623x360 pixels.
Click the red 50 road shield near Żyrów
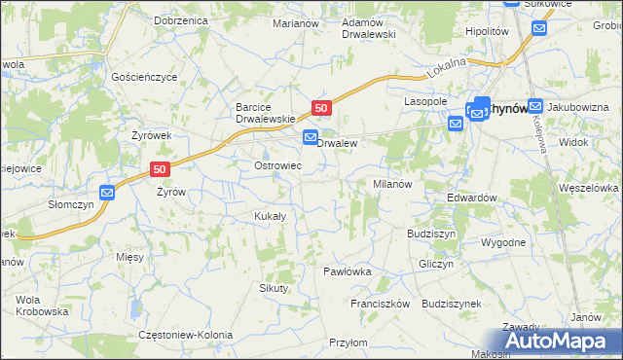click(x=162, y=168)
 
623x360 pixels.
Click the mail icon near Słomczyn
click(x=107, y=193)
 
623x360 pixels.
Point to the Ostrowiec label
click(x=276, y=166)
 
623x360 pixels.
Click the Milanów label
click(x=394, y=183)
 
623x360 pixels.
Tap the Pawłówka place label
click(x=348, y=271)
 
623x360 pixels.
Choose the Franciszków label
click(x=381, y=304)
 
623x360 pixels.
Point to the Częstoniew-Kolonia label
click(x=186, y=335)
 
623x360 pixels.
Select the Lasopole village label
click(x=425, y=101)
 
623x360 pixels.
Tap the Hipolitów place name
click(x=488, y=31)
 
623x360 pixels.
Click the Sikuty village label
click(x=274, y=288)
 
